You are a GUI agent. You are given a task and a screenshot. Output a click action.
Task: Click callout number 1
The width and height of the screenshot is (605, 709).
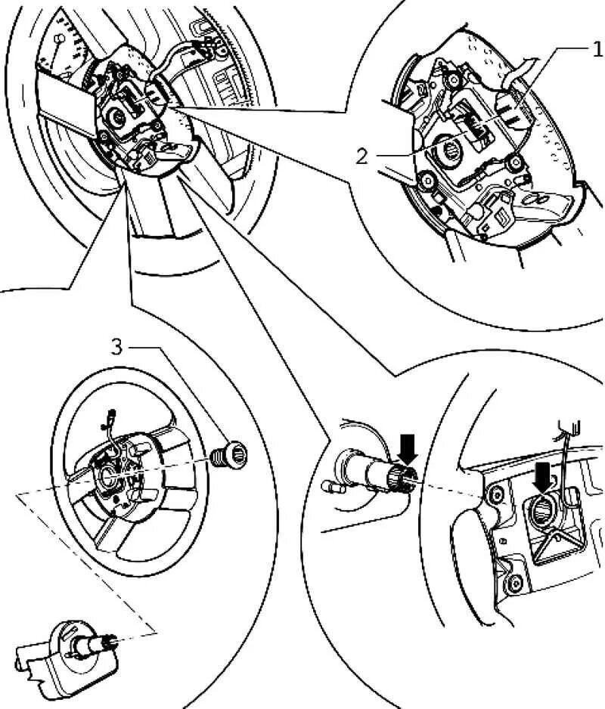[x=597, y=51]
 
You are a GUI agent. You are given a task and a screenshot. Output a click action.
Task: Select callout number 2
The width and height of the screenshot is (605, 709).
[x=362, y=156]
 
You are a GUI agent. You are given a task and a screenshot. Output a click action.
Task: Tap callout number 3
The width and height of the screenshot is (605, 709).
[x=116, y=347]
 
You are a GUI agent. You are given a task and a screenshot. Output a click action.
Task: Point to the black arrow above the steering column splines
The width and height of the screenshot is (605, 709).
[x=408, y=447]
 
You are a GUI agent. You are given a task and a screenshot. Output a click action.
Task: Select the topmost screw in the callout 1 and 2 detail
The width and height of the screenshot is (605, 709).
[x=451, y=79]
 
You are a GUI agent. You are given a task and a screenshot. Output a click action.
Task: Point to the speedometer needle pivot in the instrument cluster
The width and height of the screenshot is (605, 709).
[x=59, y=39]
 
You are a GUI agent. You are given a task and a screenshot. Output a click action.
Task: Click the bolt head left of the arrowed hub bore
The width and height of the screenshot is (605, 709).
[x=497, y=496]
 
